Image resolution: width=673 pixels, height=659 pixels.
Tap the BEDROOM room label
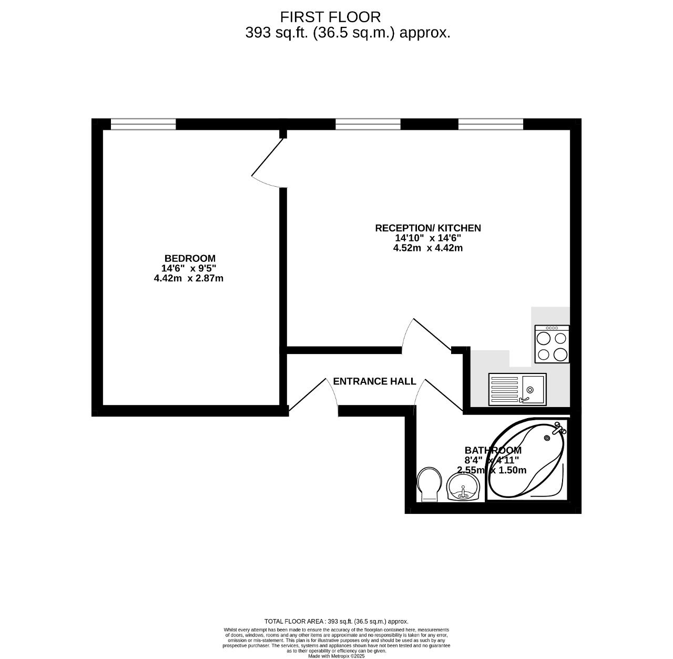click(190, 258)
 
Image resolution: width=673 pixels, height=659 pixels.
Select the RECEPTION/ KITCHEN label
click(427, 228)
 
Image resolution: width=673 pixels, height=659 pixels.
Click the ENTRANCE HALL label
click(374, 381)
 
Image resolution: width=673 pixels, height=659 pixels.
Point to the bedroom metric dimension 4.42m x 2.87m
click(188, 278)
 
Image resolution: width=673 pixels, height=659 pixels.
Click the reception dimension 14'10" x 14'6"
click(427, 238)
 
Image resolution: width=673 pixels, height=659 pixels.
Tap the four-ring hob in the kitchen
click(552, 344)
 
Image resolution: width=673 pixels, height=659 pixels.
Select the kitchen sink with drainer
click(517, 389)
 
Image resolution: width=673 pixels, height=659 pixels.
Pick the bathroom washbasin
click(463, 487)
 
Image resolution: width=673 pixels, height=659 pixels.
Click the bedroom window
click(143, 124)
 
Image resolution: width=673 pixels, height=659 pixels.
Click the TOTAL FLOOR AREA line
click(336, 621)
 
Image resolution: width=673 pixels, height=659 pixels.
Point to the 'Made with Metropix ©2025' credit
click(336, 656)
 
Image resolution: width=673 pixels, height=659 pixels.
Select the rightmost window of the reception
click(491, 124)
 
